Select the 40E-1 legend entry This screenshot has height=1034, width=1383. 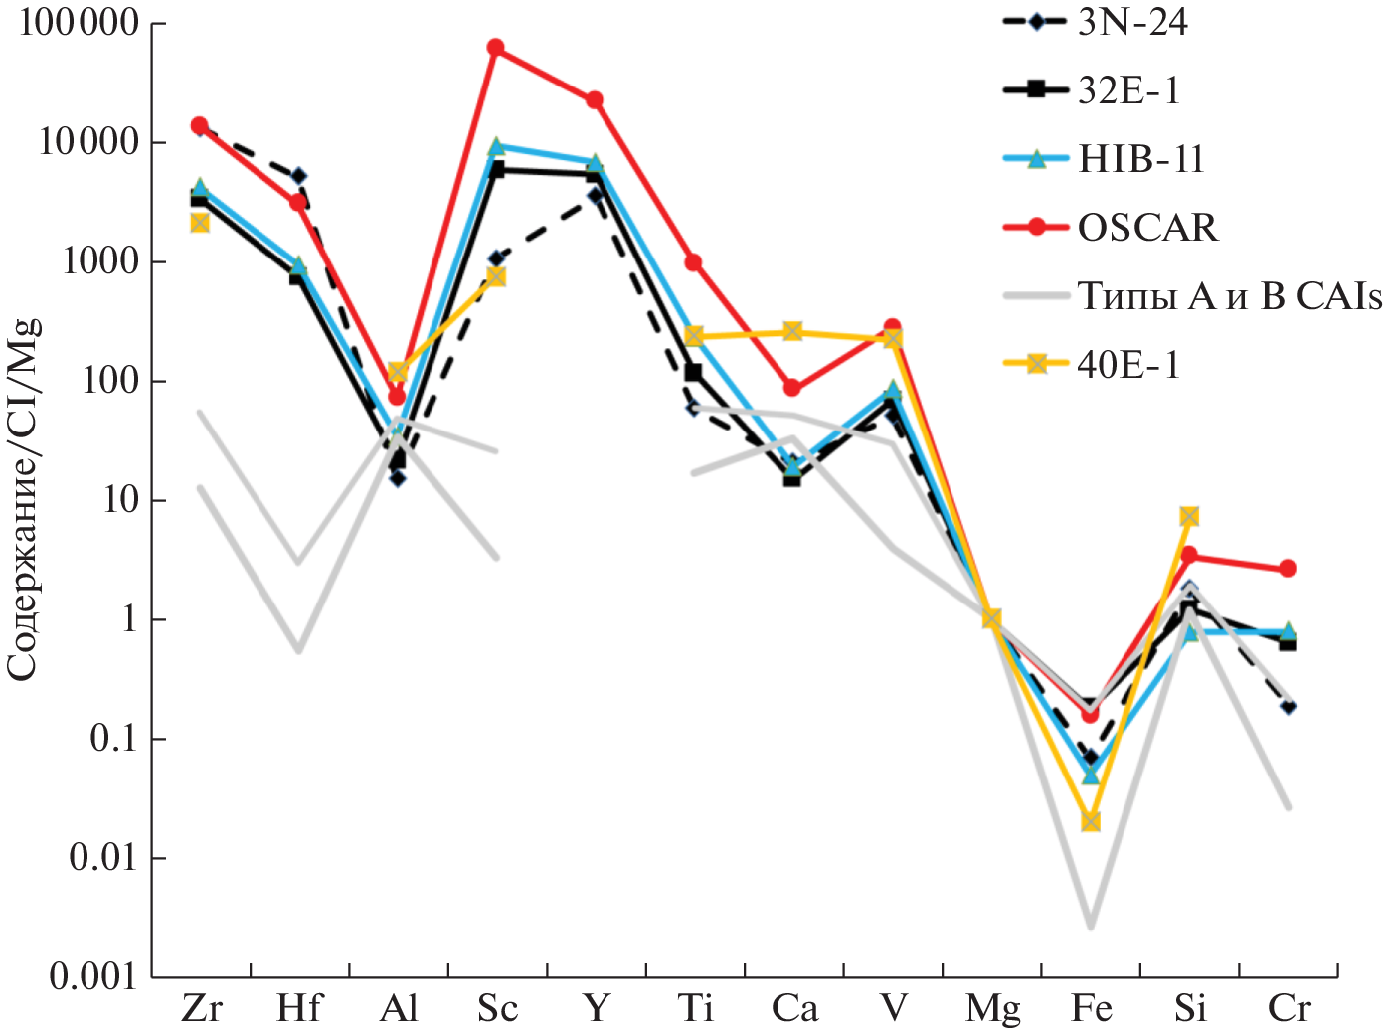pyautogui.click(x=1128, y=365)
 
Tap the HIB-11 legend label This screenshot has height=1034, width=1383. pyautogui.click(x=1140, y=159)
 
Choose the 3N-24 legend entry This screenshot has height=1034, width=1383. pyautogui.click(x=1131, y=22)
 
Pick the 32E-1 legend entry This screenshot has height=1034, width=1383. pyautogui.click(x=1128, y=90)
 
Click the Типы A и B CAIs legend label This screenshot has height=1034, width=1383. pyautogui.click(x=1229, y=296)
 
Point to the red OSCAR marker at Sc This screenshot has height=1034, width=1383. pyautogui.click(x=495, y=48)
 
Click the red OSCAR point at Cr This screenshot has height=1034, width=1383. pyautogui.click(x=1288, y=569)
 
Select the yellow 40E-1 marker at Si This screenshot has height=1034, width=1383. pyautogui.click(x=1189, y=516)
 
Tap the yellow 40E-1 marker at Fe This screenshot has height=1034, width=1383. pyautogui.click(x=1091, y=821)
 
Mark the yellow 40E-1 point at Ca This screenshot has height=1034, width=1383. pyautogui.click(x=792, y=331)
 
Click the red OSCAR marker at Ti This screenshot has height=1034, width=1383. pyautogui.click(x=694, y=262)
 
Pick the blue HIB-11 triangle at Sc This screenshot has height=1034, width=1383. pyautogui.click(x=495, y=147)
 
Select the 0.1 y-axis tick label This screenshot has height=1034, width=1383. pyautogui.click(x=113, y=739)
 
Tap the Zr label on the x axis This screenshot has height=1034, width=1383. pyautogui.click(x=201, y=1009)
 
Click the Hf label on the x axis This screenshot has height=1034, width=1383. pyautogui.click(x=299, y=1009)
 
